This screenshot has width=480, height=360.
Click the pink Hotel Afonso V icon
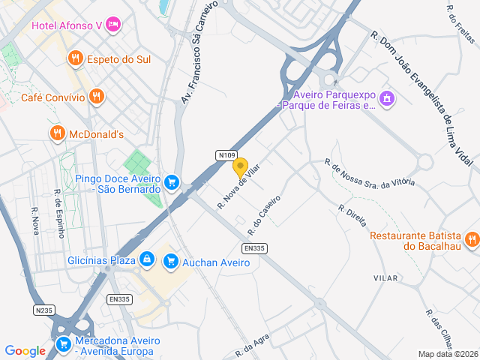pos(113,25)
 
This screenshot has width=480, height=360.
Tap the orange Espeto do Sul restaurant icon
pos(75,58)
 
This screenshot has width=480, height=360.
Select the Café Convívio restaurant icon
pos(96,96)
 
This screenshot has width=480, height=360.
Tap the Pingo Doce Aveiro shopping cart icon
pos(172,182)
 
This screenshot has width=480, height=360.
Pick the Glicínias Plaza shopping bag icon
pos(147,259)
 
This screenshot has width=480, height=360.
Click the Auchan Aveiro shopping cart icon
pos(171,260)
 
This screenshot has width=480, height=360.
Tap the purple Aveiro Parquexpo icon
pos(387,98)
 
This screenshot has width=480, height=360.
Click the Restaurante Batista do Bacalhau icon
pos(472,239)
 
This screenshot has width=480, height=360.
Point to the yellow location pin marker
pos(240,167)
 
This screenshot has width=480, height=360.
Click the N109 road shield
pos(226,155)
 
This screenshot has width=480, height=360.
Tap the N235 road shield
pos(44,309)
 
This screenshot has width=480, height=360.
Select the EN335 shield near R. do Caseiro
pos(254,248)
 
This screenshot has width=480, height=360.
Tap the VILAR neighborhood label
pos(385,277)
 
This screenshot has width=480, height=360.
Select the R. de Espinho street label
pos(59,214)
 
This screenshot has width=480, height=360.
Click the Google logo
pos(25,350)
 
